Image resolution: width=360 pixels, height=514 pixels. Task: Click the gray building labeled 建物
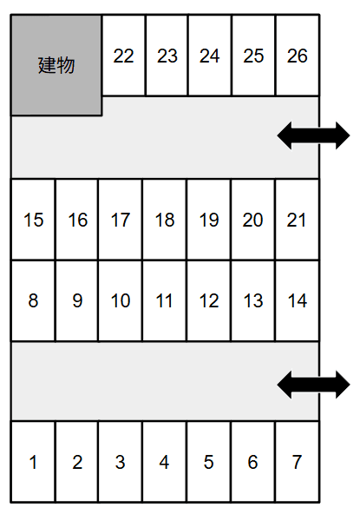coord(56,65)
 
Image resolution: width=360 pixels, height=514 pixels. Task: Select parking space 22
coord(123,55)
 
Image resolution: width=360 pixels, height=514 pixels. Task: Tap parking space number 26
coord(298,55)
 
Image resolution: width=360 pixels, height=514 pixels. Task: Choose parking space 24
coord(210,55)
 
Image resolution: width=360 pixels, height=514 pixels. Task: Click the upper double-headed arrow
coord(313,135)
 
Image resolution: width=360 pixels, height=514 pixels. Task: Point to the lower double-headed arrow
coord(313,385)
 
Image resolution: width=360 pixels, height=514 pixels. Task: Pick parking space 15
coord(33,220)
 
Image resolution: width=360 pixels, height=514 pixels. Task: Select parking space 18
coord(165,220)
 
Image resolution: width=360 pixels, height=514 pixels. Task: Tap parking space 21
coord(297,220)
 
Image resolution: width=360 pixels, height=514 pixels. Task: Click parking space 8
coord(33,300)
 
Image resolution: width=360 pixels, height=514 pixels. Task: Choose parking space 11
coord(165,300)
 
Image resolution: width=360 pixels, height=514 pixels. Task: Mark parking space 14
coord(297,300)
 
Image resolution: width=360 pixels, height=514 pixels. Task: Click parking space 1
coord(33,462)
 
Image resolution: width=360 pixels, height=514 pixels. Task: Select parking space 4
coord(165,462)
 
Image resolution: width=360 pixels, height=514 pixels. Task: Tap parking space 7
coord(297,462)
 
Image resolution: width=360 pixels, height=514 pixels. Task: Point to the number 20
coord(252,220)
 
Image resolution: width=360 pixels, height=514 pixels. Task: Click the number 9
coord(77,300)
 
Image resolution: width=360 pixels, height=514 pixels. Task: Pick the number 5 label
coord(209,462)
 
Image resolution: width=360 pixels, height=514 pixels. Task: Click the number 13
coord(253,300)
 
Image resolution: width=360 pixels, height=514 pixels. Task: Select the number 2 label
coord(77,462)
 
